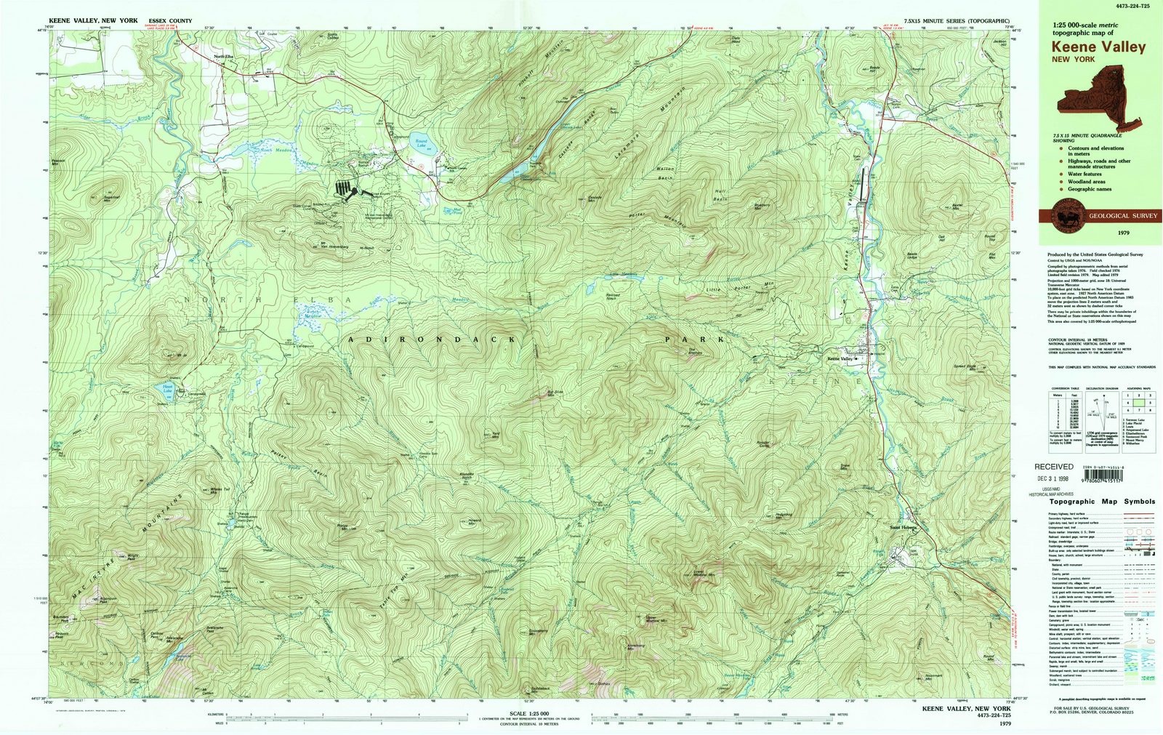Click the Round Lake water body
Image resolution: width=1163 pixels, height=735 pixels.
tap(421, 143)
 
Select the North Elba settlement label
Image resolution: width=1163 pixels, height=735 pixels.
tap(223, 57)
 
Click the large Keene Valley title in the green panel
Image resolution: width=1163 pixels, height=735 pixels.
tap(1098, 47)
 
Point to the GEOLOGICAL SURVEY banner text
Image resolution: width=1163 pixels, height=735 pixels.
tap(1117, 216)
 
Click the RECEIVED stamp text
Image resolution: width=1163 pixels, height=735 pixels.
tap(1053, 467)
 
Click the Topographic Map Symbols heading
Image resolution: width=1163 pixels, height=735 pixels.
tap(1101, 502)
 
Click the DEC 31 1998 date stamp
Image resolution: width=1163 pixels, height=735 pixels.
tap(1053, 478)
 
